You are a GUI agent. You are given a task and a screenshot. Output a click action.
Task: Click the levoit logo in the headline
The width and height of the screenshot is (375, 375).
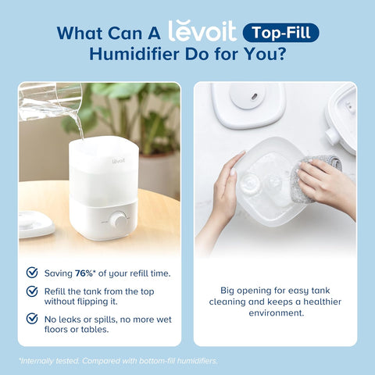[x=201, y=31]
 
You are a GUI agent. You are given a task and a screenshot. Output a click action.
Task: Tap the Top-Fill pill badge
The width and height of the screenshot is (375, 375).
[x=280, y=33]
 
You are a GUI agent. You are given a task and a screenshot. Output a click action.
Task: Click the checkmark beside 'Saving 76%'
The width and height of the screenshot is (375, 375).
[x=32, y=273]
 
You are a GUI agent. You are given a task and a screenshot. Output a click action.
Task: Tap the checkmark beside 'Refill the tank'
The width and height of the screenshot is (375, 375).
[x=32, y=291]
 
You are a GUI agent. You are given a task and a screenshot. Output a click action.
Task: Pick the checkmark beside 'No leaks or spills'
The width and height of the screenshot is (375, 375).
[x=32, y=319]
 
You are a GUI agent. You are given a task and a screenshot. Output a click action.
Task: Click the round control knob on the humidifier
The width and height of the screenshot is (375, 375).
[x=120, y=220]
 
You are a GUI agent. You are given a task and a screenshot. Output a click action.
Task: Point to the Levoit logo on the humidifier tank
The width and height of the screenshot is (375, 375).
[x=97, y=162]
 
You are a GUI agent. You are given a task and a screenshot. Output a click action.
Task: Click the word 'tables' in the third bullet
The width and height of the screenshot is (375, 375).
[x=117, y=328]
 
